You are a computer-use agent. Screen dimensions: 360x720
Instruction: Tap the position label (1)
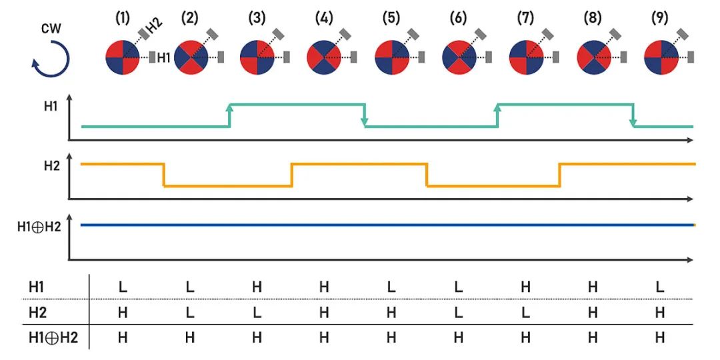[123, 19]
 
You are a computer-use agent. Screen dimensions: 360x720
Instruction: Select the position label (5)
[391, 19]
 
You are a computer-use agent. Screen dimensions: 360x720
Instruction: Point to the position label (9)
[659, 19]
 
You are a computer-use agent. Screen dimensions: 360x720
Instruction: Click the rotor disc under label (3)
[257, 57]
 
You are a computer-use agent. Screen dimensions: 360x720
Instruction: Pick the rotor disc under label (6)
[459, 57]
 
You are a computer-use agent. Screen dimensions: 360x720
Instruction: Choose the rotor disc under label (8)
[593, 57]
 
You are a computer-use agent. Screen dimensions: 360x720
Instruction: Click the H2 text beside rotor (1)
[155, 27]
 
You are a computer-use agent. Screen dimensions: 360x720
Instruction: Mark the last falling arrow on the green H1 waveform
[633, 115]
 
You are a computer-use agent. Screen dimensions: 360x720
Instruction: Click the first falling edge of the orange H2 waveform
[164, 175]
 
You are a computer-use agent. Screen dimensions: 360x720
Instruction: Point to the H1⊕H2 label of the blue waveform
[39, 227]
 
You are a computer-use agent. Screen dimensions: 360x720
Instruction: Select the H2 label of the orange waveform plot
[51, 166]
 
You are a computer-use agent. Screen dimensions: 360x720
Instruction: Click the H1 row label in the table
[37, 287]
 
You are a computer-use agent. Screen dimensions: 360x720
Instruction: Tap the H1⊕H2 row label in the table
[53, 338]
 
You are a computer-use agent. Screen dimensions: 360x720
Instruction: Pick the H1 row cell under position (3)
[257, 287]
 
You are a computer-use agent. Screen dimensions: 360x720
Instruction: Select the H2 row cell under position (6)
[459, 312]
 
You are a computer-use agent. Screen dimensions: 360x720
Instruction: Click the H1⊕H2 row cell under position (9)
[660, 338]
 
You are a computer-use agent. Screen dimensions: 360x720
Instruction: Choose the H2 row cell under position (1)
[123, 312]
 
